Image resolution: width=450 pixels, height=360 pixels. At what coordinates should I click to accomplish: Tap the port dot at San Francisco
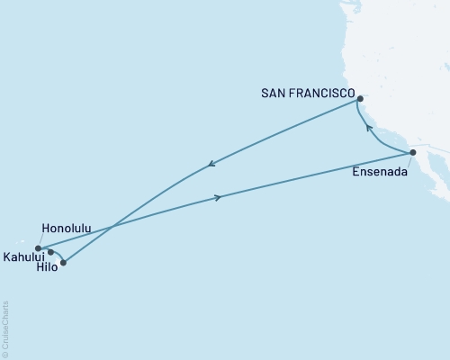pos(359,99)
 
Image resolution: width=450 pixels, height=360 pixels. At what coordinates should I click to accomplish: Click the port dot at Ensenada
pos(412,153)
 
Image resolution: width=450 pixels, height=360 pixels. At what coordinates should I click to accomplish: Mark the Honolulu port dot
pos(38,248)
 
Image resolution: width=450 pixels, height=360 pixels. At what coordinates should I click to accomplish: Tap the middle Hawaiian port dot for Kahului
pos(50,253)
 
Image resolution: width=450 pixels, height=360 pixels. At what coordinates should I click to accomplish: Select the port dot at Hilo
pos(63,263)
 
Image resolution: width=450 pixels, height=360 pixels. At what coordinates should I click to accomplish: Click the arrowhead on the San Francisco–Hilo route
pos(211,164)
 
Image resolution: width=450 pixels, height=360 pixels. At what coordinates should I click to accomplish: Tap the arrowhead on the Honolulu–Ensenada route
pos(217,197)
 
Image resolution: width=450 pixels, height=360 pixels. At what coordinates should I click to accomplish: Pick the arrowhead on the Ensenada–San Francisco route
pos(367,128)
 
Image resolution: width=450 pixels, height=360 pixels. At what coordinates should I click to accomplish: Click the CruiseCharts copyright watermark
pos(5,329)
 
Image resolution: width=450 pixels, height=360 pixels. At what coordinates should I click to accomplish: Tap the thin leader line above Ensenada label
pos(408,160)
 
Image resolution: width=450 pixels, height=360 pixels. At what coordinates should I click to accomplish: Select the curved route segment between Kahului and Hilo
pos(58,255)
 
